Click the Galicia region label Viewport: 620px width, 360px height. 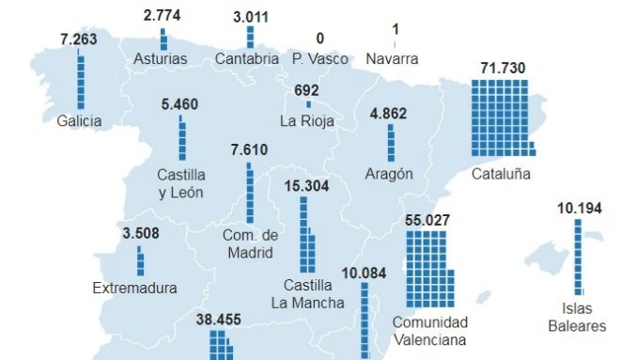tap(79, 120)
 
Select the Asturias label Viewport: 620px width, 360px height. tap(161, 59)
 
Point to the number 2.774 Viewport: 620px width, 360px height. tap(163, 16)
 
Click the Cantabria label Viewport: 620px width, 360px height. tap(246, 59)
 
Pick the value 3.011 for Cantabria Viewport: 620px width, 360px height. tap(251, 16)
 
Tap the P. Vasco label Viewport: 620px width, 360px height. tap(319, 59)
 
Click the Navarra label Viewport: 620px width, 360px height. tap(395, 58)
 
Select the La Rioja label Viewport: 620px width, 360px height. tap(307, 120)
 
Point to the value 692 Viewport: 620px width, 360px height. tap(307, 90)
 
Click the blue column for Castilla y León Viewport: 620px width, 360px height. tap(182, 138)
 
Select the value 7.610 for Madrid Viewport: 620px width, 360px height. tap(248, 149)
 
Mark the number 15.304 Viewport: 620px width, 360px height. tap(305, 185)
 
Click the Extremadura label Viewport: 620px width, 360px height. tap(134, 289)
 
